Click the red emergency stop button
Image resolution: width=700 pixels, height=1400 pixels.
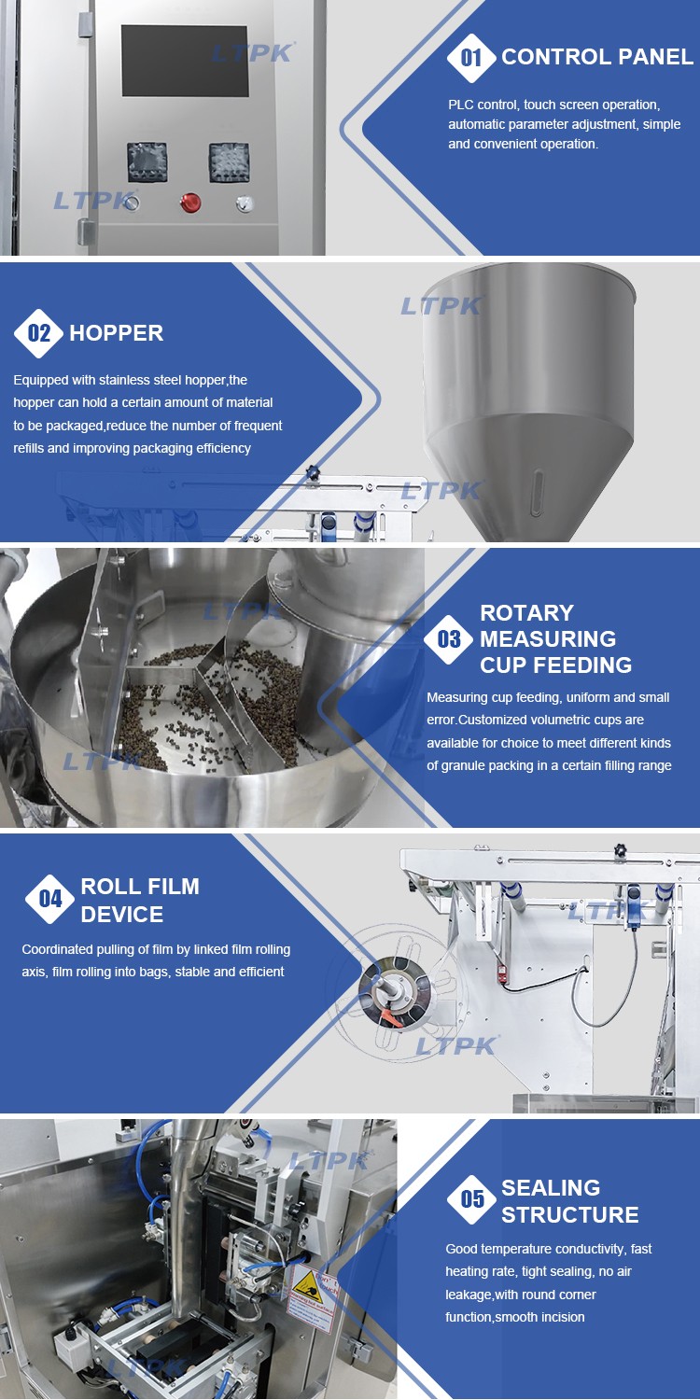tap(190, 203)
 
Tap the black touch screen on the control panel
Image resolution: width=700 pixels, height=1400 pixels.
tap(185, 61)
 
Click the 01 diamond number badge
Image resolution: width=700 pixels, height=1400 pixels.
tap(471, 58)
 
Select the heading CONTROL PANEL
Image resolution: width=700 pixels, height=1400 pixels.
tap(597, 57)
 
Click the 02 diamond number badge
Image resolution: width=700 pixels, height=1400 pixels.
tap(39, 333)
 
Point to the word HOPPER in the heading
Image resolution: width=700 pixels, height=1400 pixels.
tap(117, 333)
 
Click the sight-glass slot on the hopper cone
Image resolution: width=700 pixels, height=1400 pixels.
tap(537, 493)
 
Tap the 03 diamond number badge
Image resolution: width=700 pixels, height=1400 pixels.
tap(449, 638)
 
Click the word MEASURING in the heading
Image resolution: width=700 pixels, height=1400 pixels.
tap(548, 638)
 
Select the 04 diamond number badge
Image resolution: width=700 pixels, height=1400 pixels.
tap(50, 899)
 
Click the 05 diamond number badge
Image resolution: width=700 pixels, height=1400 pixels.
tap(472, 1199)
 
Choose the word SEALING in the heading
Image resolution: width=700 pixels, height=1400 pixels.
tap(551, 1187)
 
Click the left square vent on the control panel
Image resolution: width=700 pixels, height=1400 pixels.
tap(147, 161)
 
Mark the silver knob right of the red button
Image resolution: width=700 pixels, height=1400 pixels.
tap(244, 203)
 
